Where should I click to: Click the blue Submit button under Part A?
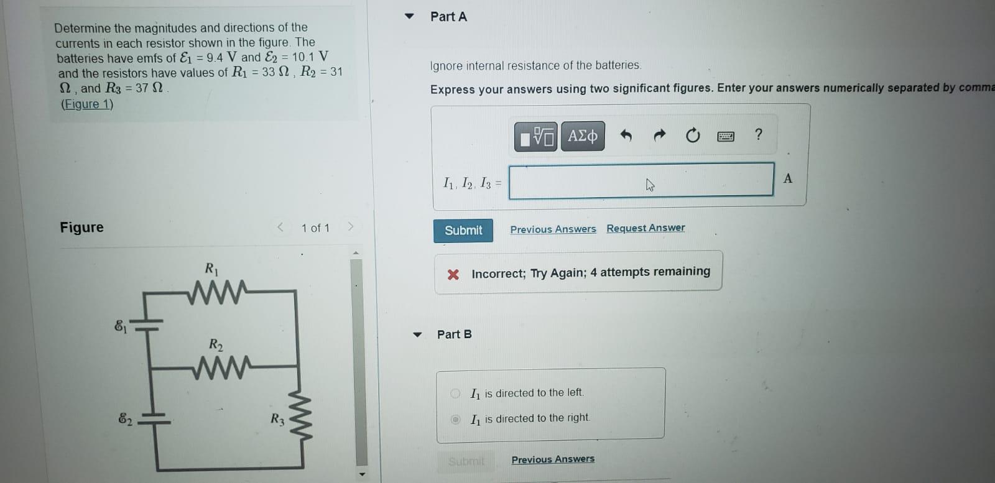tap(463, 231)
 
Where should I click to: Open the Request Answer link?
tap(646, 228)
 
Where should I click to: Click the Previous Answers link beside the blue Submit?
tap(553, 229)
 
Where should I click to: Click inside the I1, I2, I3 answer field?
tap(641, 181)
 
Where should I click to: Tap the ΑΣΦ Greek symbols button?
tap(583, 136)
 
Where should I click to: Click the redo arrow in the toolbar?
tap(660, 134)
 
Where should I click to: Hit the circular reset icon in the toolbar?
tap(693, 135)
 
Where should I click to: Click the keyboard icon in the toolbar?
tap(726, 136)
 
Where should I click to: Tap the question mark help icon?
tap(759, 134)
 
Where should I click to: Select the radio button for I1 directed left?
tap(455, 393)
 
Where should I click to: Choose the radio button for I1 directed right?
tap(455, 419)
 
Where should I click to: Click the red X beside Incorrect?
tap(453, 275)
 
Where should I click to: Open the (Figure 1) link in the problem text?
tap(87, 104)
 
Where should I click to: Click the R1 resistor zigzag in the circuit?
tap(217, 292)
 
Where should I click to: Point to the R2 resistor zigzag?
tap(222, 367)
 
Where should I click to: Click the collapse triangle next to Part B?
tap(417, 334)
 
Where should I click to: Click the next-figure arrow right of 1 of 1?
tap(351, 227)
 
